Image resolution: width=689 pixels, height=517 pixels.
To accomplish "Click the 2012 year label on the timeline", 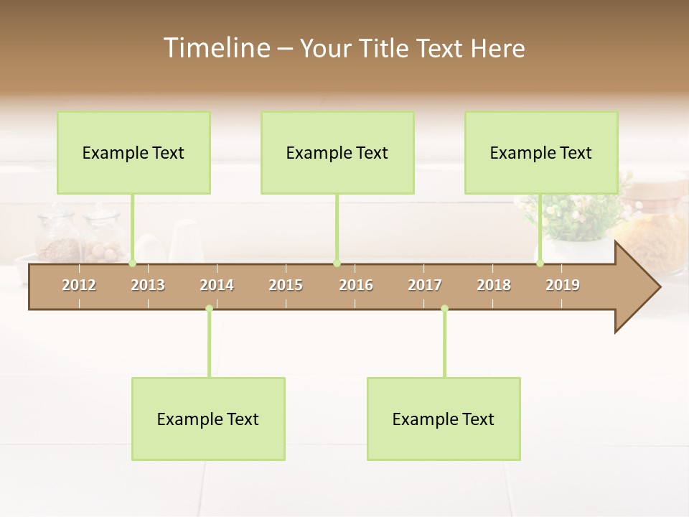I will click(x=79, y=285).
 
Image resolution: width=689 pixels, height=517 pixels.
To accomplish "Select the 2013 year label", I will click(x=148, y=285).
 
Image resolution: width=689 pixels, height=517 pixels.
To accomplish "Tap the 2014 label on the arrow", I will click(x=217, y=285).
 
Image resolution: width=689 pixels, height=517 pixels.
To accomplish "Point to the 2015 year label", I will click(x=286, y=285).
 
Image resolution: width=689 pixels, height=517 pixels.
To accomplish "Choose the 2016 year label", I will click(x=356, y=285).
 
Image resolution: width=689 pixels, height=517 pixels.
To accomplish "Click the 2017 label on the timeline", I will click(x=425, y=285).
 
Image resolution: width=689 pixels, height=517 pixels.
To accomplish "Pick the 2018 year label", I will click(x=494, y=285).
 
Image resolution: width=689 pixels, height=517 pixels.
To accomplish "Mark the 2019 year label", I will click(x=563, y=285).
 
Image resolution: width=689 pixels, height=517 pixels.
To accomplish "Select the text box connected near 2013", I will click(x=133, y=152).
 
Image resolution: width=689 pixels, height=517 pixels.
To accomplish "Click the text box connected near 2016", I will click(x=337, y=152).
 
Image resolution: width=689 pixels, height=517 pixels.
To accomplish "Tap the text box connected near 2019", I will click(x=541, y=152).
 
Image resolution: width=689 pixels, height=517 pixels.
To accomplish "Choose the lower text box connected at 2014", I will click(x=208, y=419).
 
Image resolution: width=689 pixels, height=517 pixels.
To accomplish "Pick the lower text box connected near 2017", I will click(x=444, y=419).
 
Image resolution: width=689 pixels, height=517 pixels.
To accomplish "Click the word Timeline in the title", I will click(x=216, y=48).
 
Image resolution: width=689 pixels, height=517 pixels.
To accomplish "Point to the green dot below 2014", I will click(x=209, y=308).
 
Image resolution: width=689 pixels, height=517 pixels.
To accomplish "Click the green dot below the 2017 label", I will click(x=444, y=308).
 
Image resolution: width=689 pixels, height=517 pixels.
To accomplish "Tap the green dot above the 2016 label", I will click(x=337, y=264).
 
